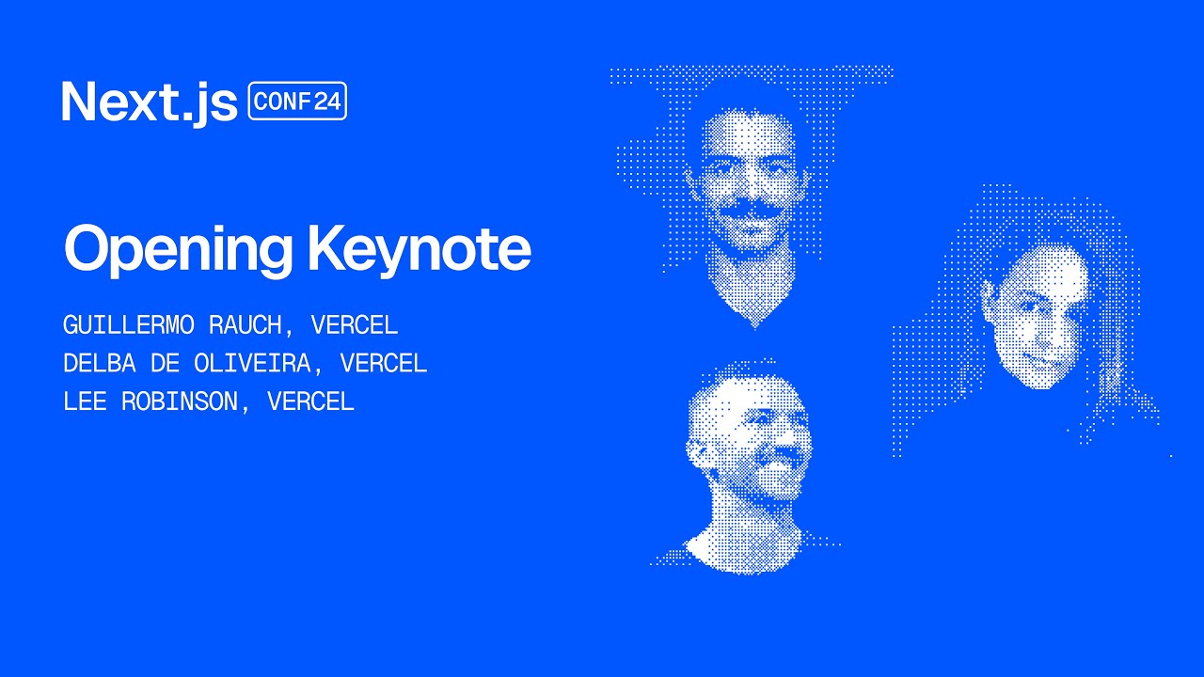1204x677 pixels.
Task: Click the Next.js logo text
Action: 149,102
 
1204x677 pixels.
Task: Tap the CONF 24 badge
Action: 297,102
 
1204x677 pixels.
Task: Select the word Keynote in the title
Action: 419,248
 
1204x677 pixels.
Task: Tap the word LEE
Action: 84,401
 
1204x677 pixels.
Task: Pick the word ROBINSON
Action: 179,401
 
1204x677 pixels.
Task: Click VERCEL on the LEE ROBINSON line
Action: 310,401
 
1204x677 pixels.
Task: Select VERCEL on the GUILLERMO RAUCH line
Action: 355,325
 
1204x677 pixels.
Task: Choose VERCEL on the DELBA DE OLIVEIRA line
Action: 384,363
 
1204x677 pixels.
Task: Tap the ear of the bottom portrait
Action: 697,452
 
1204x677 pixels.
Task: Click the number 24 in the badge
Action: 327,102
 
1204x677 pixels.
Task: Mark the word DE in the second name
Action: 165,363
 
